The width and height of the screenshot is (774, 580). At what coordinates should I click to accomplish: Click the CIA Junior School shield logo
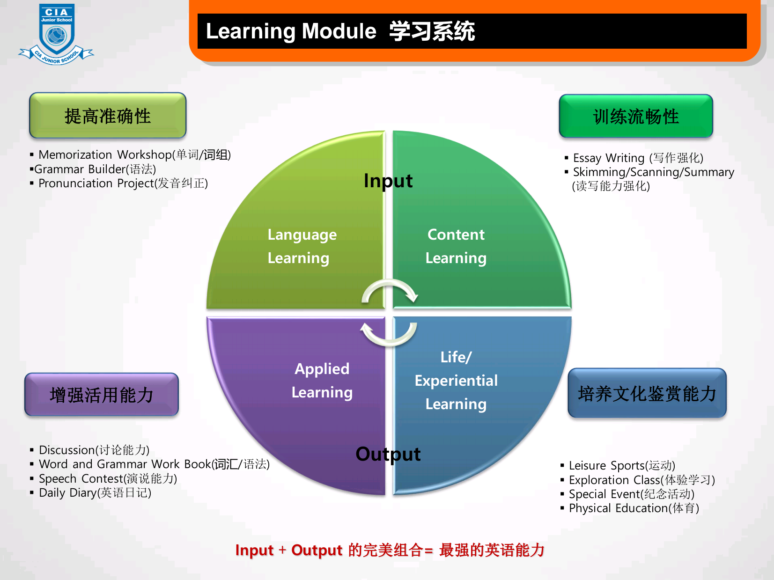point(56,34)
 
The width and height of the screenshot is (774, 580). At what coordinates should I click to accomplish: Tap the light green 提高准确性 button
point(108,116)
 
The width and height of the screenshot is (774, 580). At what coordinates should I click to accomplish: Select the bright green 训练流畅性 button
point(636,116)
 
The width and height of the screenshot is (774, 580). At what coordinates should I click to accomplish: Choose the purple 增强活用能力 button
point(102,394)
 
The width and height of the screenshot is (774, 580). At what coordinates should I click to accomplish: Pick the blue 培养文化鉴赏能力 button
point(647,393)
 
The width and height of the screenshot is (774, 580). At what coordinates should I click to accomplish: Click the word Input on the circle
point(388,181)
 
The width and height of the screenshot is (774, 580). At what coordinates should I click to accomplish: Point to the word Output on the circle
point(388,454)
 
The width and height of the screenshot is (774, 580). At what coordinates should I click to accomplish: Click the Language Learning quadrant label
point(302,246)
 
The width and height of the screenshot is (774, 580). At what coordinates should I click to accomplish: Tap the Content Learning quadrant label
point(456,246)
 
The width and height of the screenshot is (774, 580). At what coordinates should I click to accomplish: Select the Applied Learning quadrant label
point(322,381)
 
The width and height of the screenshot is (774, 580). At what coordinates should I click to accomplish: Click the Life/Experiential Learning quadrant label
point(456,381)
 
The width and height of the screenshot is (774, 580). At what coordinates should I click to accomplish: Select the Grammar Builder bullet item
point(93,169)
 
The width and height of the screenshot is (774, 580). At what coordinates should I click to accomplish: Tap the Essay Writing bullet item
point(634,158)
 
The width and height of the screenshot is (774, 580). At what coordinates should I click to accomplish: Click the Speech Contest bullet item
point(103,478)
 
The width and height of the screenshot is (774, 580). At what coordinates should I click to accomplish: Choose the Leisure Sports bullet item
point(618,465)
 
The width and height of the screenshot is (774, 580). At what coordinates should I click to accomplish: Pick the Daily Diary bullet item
point(91,492)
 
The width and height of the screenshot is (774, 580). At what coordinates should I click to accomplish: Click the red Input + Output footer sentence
point(390,550)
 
